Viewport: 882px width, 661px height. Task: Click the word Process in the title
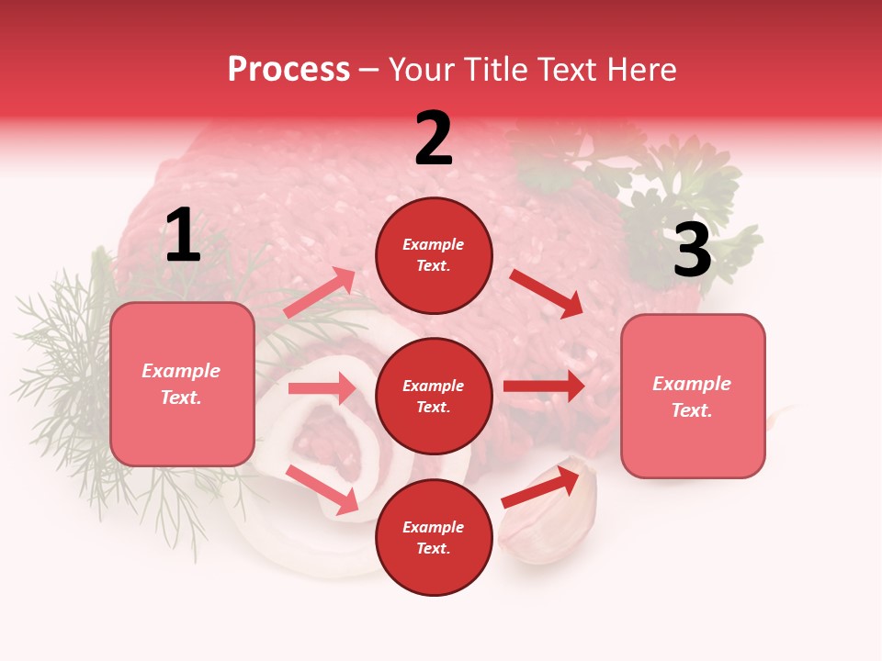tap(288, 69)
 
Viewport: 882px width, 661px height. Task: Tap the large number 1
tap(183, 236)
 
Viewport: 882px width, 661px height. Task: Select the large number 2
tap(434, 138)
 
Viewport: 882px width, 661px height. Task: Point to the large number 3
tap(692, 251)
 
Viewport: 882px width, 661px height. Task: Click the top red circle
tap(434, 255)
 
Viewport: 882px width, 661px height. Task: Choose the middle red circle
tap(434, 397)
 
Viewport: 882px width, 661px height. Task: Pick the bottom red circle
tap(434, 538)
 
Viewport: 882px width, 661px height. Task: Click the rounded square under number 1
tap(182, 384)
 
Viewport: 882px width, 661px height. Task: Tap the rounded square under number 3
tap(693, 397)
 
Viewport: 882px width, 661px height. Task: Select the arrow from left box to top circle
tap(320, 293)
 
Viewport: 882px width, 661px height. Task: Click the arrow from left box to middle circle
tap(322, 388)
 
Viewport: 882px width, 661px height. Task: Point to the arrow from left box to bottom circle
tap(322, 489)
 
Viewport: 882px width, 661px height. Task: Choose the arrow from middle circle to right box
tap(544, 387)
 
